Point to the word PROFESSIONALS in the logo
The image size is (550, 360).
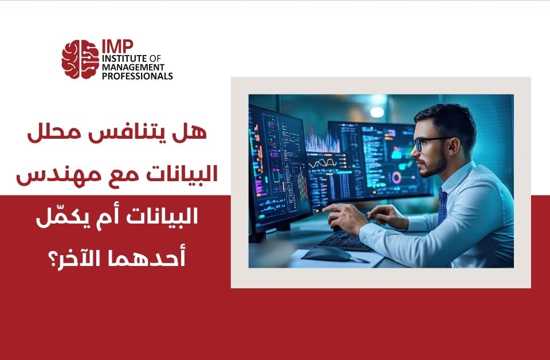click(x=137, y=76)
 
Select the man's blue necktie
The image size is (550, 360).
click(x=442, y=209)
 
